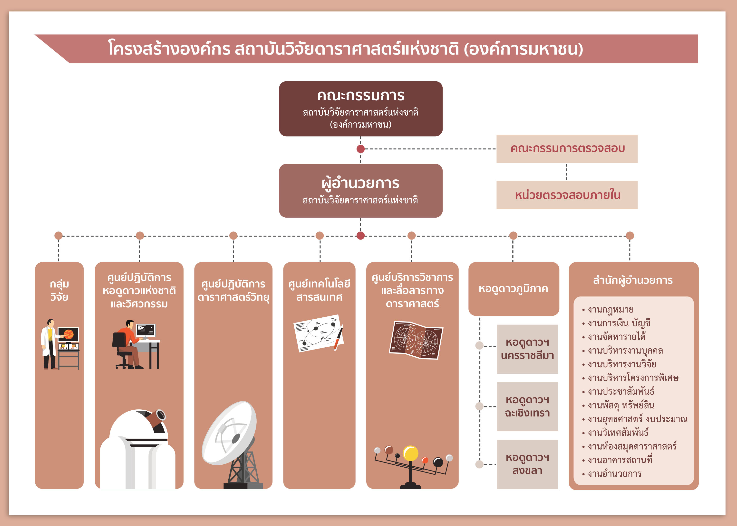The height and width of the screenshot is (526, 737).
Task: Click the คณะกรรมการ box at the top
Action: tap(360, 109)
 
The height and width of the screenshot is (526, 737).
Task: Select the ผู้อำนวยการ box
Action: tap(360, 190)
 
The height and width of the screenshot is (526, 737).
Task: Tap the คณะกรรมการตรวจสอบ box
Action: tap(567, 149)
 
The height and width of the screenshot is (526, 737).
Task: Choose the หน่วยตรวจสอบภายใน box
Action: tap(567, 195)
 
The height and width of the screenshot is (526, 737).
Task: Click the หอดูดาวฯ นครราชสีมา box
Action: tap(527, 349)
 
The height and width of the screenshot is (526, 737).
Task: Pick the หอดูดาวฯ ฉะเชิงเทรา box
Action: tap(527, 406)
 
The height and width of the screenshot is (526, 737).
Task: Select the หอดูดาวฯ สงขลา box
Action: tap(527, 464)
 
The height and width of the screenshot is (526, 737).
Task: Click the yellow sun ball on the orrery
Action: tap(410, 453)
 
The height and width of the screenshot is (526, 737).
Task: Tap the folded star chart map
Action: tap(416, 340)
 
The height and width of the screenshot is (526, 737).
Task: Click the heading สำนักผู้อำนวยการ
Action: tap(633, 280)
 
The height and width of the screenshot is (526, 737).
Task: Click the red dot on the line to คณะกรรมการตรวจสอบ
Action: tap(360, 149)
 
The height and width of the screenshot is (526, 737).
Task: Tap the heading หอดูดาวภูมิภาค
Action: tap(513, 289)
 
